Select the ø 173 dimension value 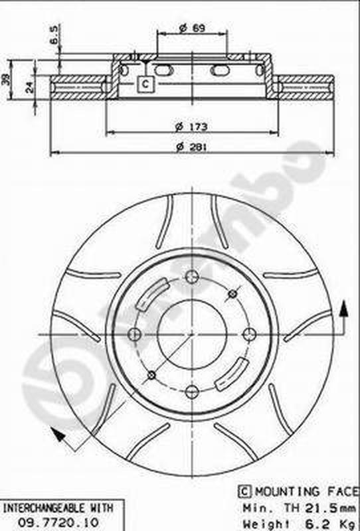pos(191,126)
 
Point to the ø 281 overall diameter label pos(191,147)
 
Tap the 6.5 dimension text pos(54,33)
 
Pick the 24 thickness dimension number pos(28,86)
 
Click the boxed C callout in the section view pos(145,84)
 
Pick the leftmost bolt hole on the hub pos(134,335)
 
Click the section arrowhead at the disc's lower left pos(57,434)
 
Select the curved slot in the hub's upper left pos(151,294)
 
